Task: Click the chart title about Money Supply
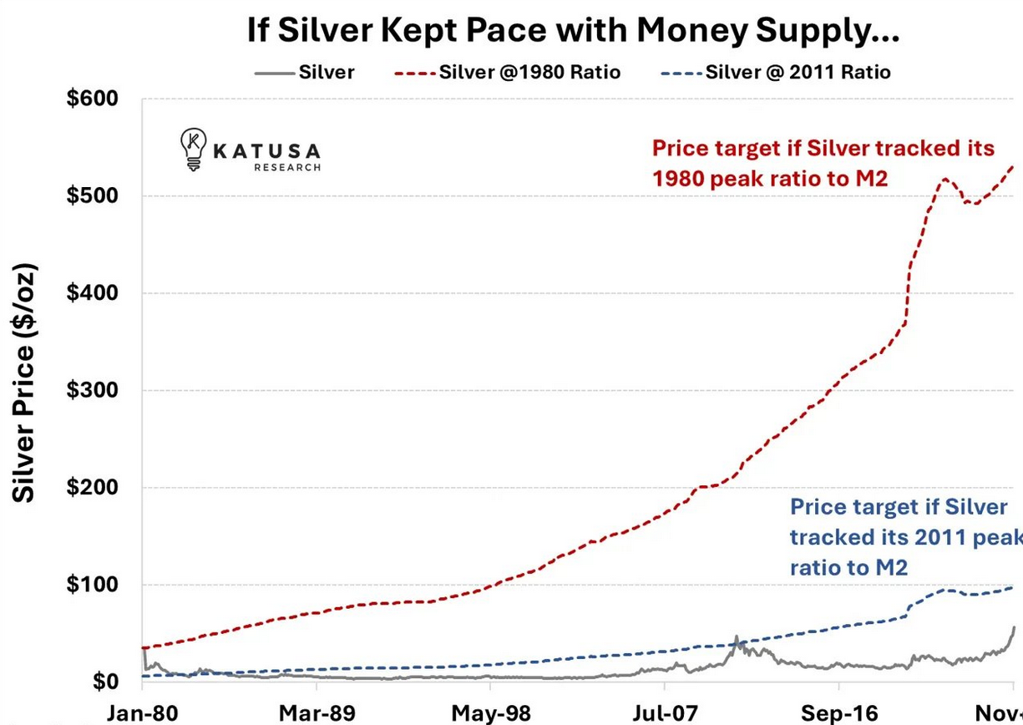click(573, 31)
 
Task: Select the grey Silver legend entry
click(306, 72)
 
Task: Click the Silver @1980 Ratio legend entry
click(508, 72)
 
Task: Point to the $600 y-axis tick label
click(94, 99)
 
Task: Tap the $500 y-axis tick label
click(94, 195)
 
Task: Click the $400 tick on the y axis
click(94, 293)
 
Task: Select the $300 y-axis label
click(94, 390)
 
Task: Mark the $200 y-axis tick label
click(94, 488)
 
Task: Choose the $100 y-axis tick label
click(94, 585)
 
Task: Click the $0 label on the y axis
click(105, 682)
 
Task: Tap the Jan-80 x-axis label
click(143, 713)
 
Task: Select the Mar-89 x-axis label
click(317, 713)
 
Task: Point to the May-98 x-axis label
click(491, 713)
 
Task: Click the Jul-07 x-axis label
click(665, 713)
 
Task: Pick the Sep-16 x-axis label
click(839, 713)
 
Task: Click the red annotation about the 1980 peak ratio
click(823, 164)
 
